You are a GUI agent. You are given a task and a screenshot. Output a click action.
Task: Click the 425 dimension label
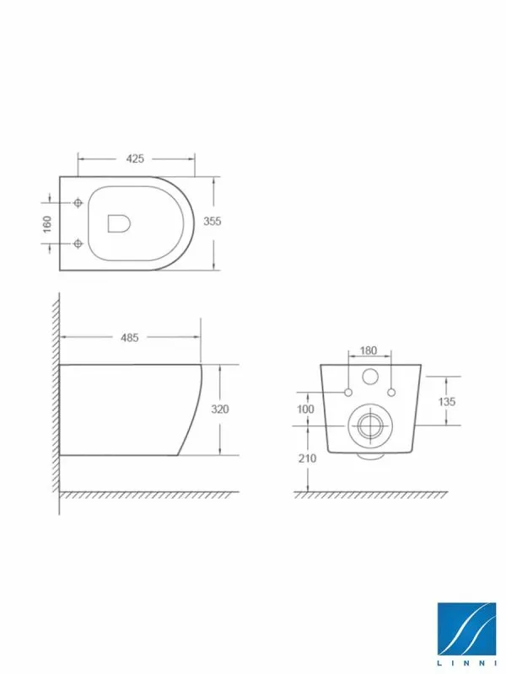pyautogui.click(x=135, y=158)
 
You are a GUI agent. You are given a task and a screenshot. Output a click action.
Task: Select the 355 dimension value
pyautogui.click(x=213, y=221)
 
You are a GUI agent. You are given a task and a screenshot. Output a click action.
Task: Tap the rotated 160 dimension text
pyautogui.click(x=47, y=224)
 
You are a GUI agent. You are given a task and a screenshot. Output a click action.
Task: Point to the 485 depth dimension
pyautogui.click(x=130, y=338)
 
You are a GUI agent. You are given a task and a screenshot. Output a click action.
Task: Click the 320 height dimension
pyautogui.click(x=220, y=409)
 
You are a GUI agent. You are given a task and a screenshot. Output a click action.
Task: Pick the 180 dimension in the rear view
pyautogui.click(x=369, y=350)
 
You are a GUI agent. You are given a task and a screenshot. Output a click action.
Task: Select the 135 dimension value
pyautogui.click(x=447, y=402)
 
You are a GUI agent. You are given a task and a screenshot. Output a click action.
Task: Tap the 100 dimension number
pyautogui.click(x=305, y=409)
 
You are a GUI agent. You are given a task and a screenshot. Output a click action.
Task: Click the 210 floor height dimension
pyautogui.click(x=307, y=458)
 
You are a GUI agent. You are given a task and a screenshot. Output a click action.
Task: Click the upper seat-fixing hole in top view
pyautogui.click(x=78, y=202)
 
